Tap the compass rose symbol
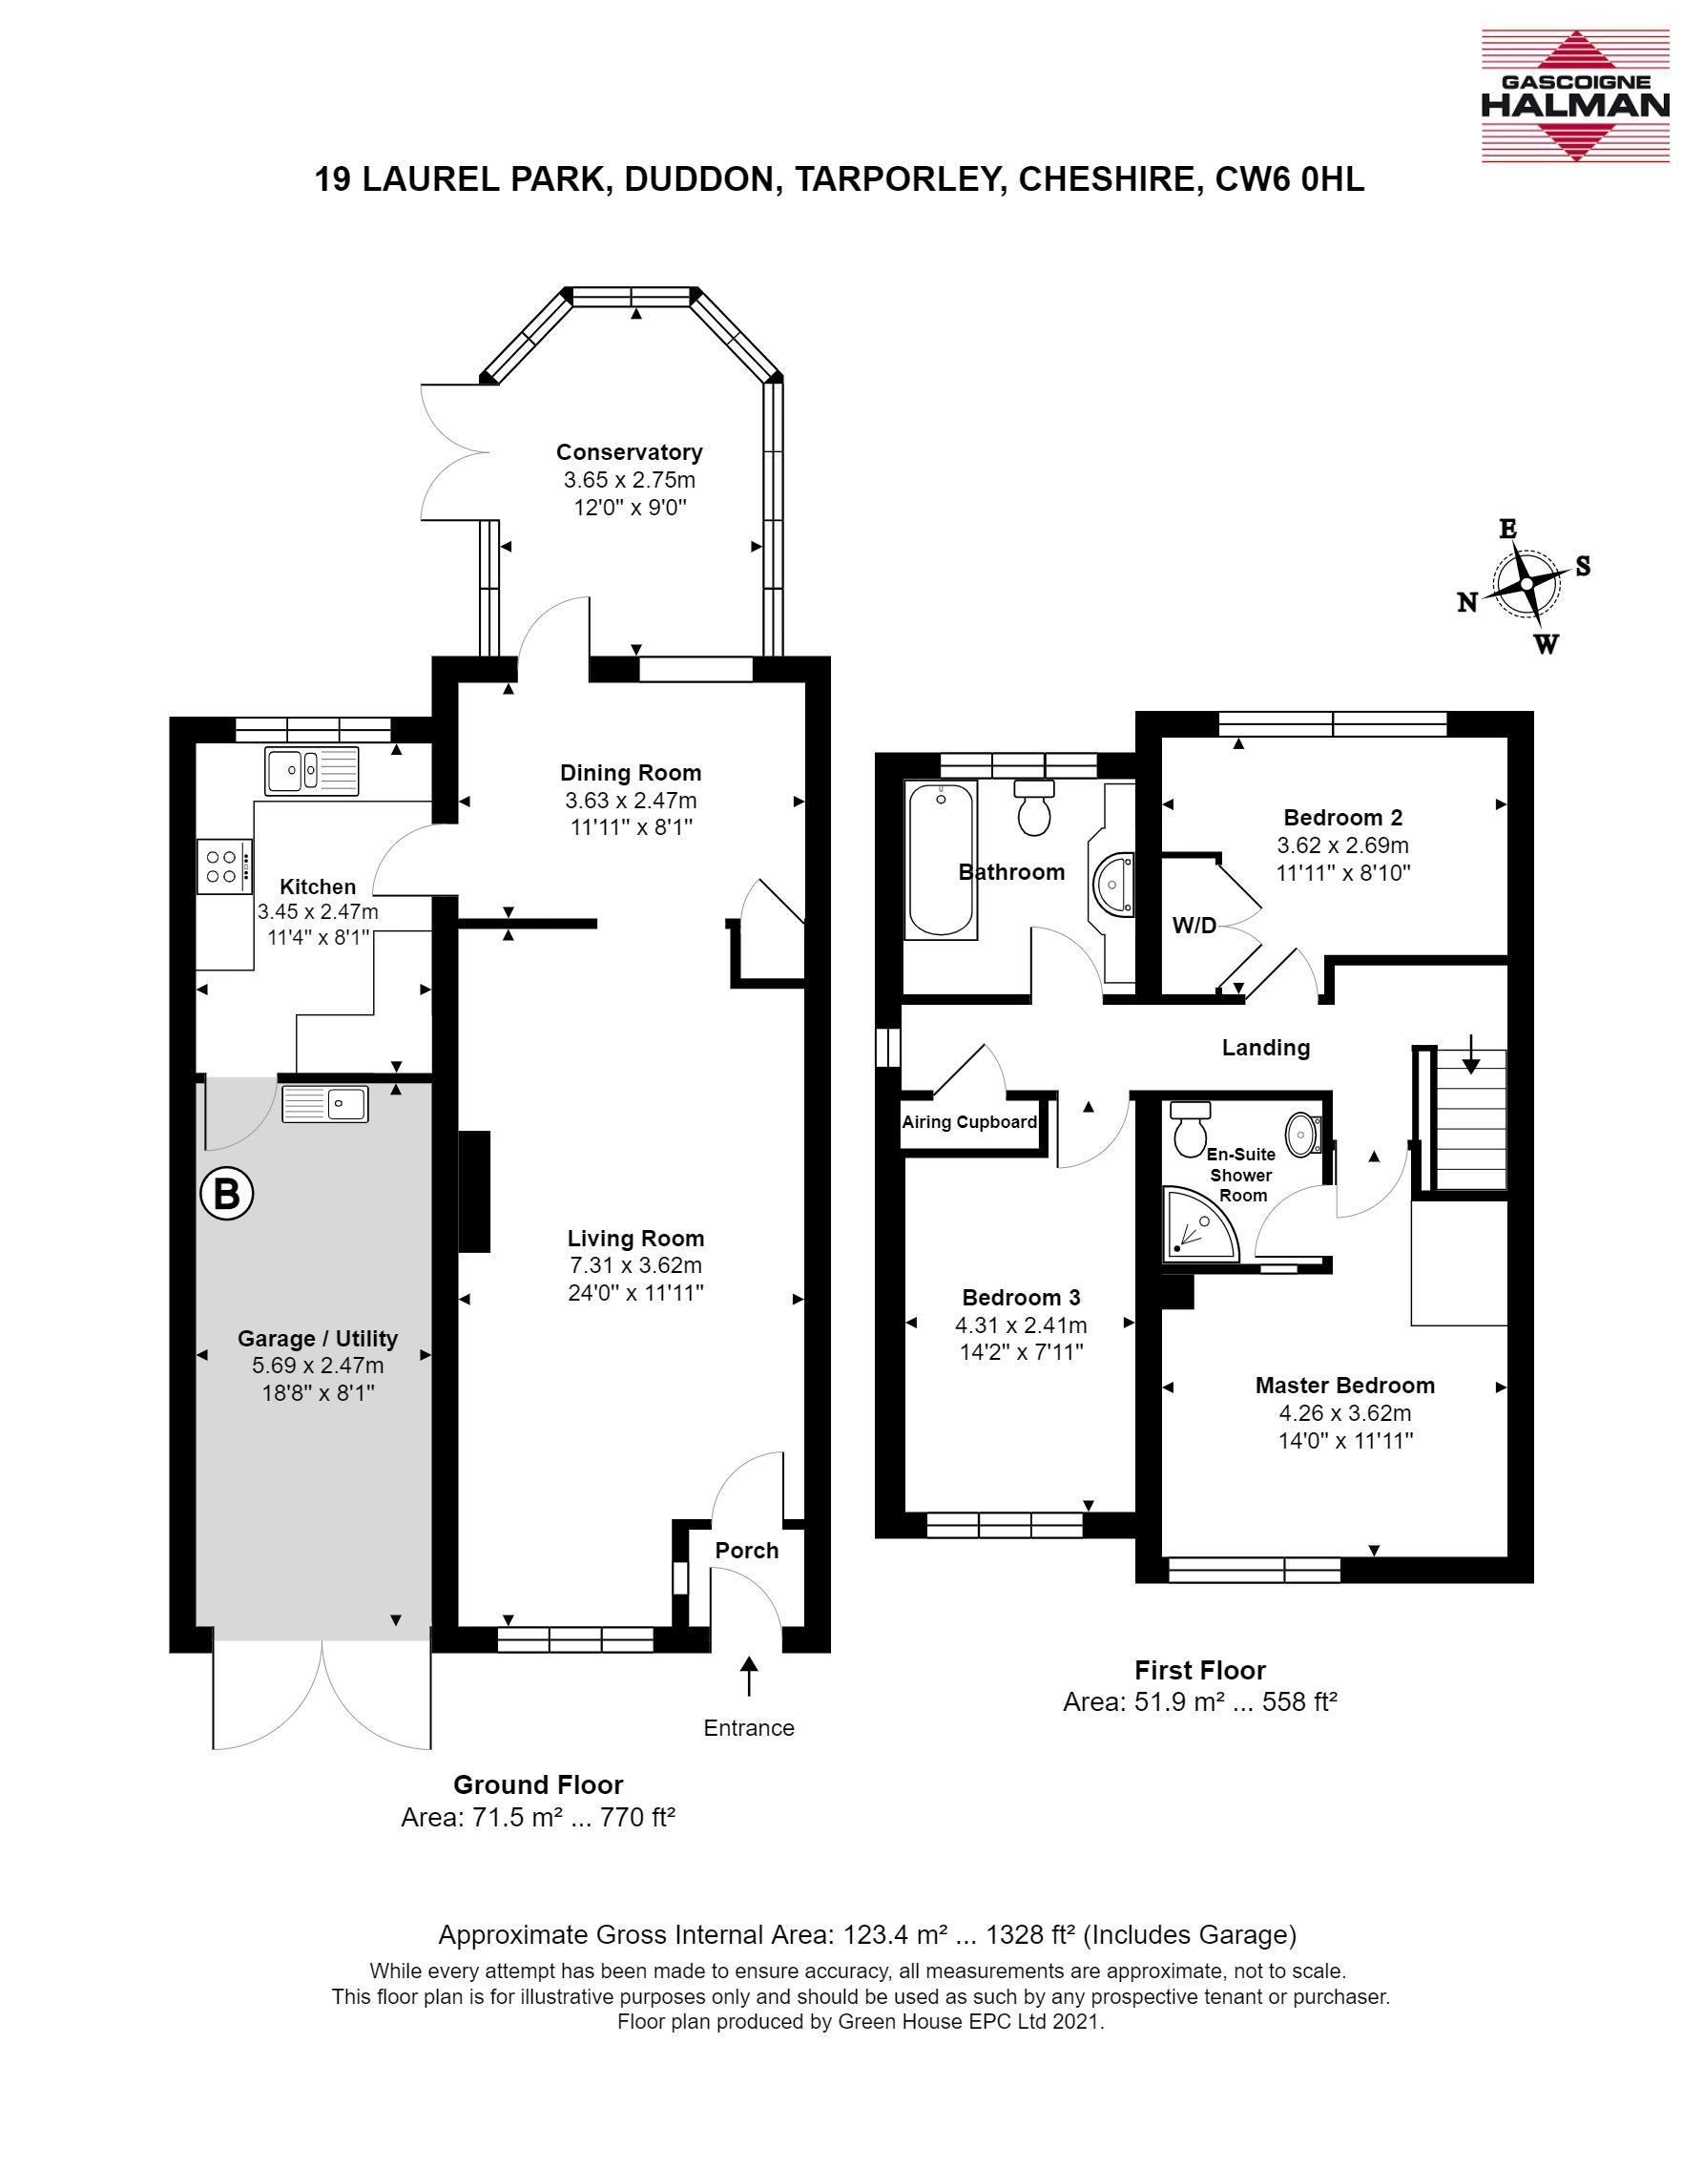point(1526,583)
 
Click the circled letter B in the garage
point(227,1194)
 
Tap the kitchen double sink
point(312,770)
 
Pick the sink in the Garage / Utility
point(325,1104)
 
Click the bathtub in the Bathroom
point(941,860)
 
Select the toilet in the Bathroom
point(1034,806)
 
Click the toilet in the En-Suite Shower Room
point(1189,1129)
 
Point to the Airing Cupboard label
point(969,1122)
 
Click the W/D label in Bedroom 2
point(1194,926)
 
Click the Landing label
point(1266,1047)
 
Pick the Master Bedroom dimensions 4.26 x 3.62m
point(1345,1413)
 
